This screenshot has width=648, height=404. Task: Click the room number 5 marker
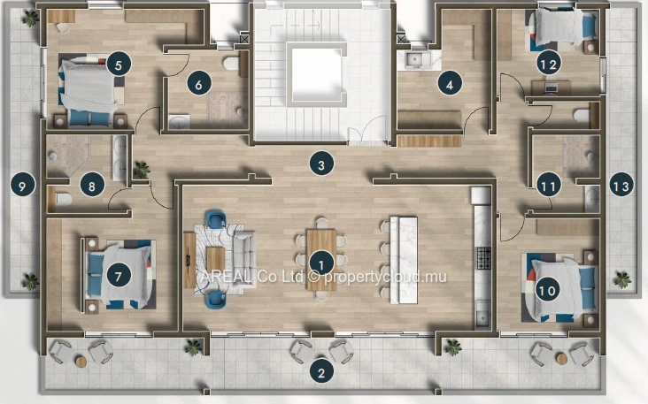119,65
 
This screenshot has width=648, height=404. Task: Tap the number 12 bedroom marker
549,64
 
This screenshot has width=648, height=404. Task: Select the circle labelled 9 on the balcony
23,186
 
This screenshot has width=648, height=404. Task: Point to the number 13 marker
621,186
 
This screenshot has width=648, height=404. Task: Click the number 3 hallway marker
322,164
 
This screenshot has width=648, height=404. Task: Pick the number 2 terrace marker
321,373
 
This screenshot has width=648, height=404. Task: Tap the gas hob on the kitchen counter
483,258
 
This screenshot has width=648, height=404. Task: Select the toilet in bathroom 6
231,64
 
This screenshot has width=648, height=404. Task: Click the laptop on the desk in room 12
551,87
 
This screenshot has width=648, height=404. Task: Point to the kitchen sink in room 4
414,60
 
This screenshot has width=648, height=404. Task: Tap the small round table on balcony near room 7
81,362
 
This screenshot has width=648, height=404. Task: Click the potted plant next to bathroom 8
142,170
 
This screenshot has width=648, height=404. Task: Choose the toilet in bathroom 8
63,199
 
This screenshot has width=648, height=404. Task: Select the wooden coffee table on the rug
215,259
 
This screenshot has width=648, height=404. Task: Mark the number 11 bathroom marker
548,187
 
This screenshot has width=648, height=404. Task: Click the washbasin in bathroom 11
592,199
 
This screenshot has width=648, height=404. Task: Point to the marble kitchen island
404,260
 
